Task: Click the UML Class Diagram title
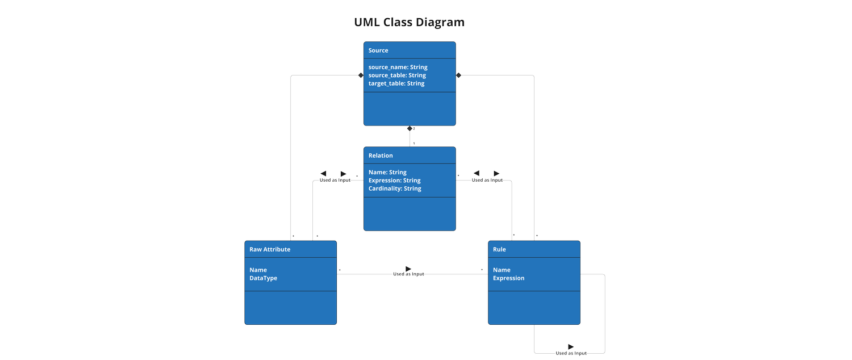point(409,23)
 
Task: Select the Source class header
point(378,51)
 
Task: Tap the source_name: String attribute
point(398,67)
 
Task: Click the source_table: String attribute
point(397,75)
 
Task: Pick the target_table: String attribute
point(396,83)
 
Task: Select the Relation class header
point(381,156)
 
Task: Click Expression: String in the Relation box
point(394,181)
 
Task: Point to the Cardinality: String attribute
point(395,189)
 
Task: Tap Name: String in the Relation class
point(387,172)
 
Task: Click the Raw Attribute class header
point(270,249)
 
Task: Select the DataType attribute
point(264,278)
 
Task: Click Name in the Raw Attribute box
point(258,270)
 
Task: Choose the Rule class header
point(499,249)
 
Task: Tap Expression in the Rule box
point(508,278)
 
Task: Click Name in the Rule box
point(502,270)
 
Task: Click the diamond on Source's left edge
point(360,76)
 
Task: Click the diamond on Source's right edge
point(460,76)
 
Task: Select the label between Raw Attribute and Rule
point(408,274)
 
